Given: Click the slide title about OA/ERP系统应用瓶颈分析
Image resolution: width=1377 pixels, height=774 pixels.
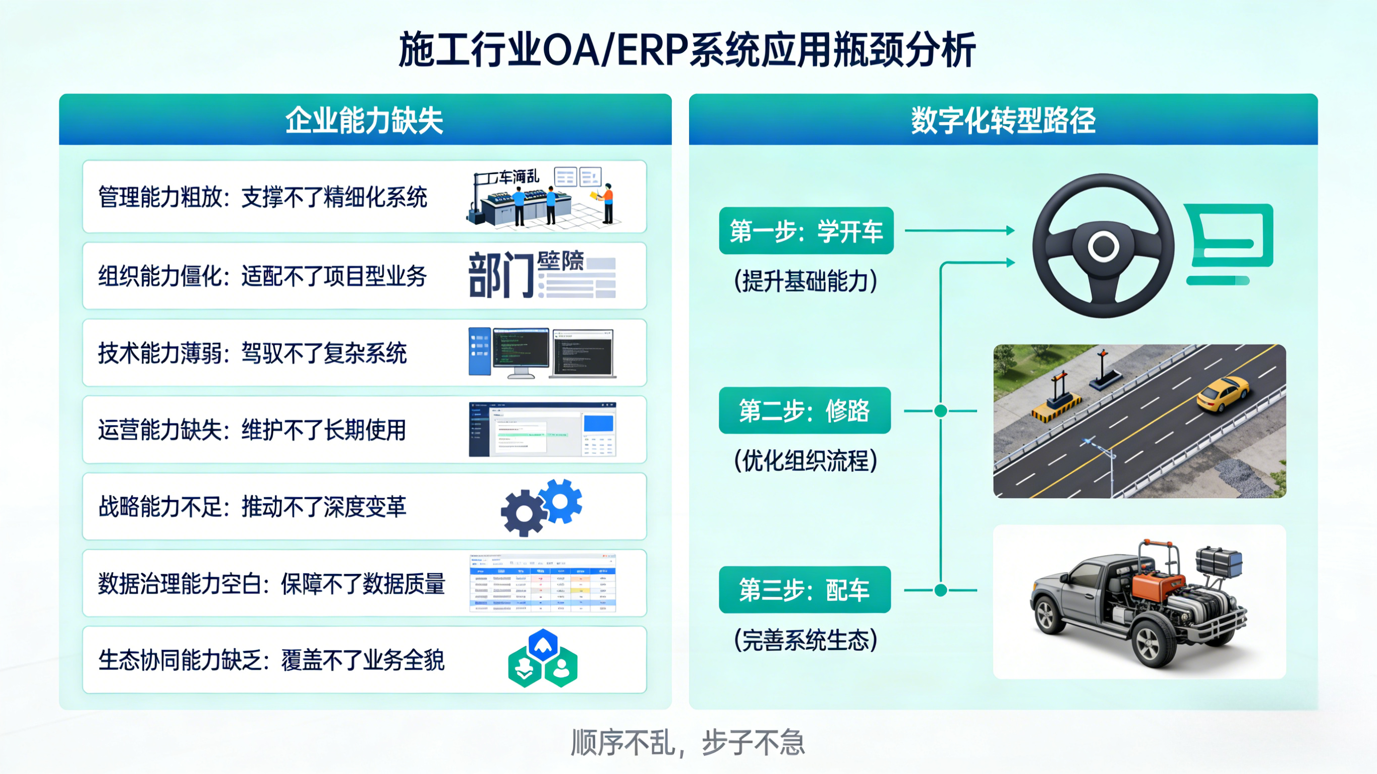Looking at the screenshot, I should pyautogui.click(x=687, y=50).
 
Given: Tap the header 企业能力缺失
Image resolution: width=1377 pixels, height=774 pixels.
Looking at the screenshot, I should pyautogui.click(x=365, y=121).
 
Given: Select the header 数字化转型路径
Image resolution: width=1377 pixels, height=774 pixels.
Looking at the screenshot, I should pyautogui.click(x=1003, y=121).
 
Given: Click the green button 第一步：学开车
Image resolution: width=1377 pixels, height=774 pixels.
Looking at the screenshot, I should pyautogui.click(x=806, y=231).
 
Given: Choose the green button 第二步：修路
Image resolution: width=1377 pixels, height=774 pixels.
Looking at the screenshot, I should pyautogui.click(x=805, y=410).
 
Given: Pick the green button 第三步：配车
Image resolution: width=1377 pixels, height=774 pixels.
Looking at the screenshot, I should pyautogui.click(x=805, y=589).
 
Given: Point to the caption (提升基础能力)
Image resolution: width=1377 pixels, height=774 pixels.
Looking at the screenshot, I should pyautogui.click(x=806, y=281).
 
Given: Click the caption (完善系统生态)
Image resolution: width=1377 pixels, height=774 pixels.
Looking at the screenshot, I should pyautogui.click(x=806, y=640).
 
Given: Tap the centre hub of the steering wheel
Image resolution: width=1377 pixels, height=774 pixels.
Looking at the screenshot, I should pyautogui.click(x=1103, y=247).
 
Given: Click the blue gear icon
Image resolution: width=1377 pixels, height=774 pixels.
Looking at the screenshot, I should pyautogui.click(x=560, y=501).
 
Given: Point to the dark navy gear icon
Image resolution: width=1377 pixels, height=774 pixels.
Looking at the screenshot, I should pyautogui.click(x=524, y=513).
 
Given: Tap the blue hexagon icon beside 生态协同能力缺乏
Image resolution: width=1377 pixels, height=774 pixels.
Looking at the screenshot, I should pyautogui.click(x=543, y=645).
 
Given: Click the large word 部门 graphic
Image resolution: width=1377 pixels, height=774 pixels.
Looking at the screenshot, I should pyautogui.click(x=501, y=275).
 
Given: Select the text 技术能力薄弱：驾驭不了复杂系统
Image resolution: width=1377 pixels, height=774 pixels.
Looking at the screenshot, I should pyautogui.click(x=252, y=353).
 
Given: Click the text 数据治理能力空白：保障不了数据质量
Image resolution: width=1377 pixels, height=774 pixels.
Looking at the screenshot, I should pyautogui.click(x=271, y=584).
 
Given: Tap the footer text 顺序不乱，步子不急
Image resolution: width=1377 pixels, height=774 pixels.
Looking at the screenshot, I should pyautogui.click(x=687, y=742).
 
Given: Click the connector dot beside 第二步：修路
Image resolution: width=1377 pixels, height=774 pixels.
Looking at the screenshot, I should pyautogui.click(x=941, y=410).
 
